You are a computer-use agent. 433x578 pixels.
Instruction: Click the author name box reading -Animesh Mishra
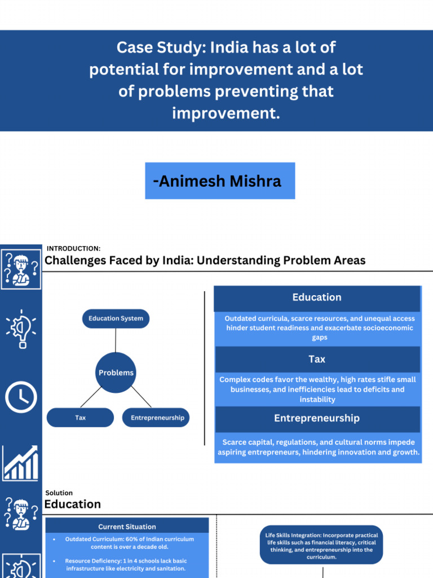220,181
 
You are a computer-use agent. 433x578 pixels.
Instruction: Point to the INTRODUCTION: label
73,248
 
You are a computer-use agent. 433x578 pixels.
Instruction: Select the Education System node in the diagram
116,318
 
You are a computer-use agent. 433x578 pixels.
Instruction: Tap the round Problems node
116,373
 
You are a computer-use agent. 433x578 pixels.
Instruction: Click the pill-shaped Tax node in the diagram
80,418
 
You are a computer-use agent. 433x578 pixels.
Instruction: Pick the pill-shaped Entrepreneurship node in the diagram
157,418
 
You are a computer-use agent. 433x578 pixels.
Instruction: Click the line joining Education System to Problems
116,340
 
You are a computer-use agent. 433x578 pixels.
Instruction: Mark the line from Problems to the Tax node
91,397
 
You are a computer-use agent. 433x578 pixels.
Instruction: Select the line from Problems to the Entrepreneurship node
140,397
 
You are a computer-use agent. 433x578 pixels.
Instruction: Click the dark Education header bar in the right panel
317,298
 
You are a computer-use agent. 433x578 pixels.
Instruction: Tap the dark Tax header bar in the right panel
317,359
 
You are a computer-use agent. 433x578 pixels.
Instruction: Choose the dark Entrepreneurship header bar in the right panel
317,418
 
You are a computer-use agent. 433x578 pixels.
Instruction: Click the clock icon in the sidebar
21,397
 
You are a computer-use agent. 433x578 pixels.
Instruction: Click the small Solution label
59,493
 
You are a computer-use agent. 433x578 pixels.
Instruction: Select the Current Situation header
127,527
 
